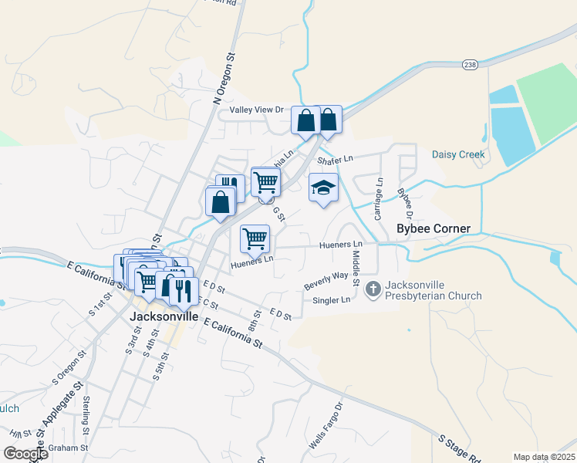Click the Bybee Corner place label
tap(433, 228)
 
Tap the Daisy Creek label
tap(458, 154)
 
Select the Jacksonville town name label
tap(164, 316)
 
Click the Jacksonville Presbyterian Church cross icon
tap(373, 289)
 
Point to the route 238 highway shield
tap(470, 64)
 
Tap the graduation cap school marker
tap(324, 188)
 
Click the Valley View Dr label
tap(251, 110)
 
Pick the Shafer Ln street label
tap(335, 159)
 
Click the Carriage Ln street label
tap(379, 199)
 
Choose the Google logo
tap(25, 454)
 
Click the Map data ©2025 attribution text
tap(543, 457)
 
